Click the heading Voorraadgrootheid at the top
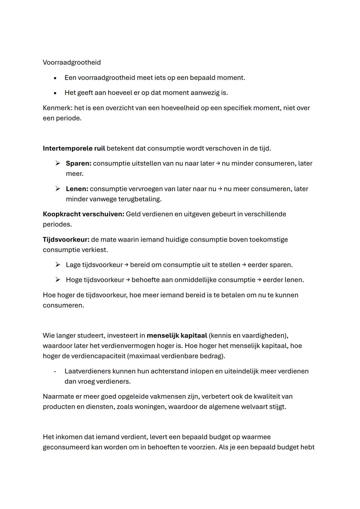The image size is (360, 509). (72, 62)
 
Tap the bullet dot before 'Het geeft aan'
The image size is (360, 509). (55, 93)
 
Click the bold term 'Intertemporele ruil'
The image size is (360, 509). (74, 148)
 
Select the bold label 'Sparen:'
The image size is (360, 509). (78, 163)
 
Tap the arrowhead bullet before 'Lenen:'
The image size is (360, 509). (58, 189)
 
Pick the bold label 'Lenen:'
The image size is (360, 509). (77, 189)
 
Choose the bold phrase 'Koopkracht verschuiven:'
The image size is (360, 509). (83, 214)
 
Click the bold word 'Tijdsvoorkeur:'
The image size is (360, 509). (66, 239)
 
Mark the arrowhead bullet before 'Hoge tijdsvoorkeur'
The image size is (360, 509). (58, 280)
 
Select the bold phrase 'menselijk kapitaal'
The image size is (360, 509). (177, 335)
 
